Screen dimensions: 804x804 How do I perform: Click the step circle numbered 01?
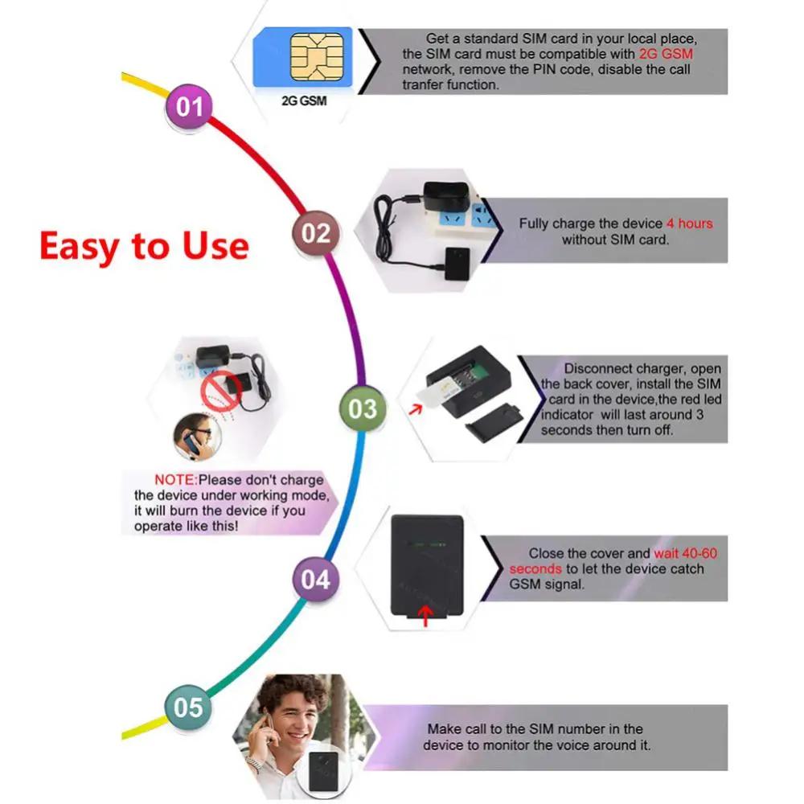click(x=188, y=106)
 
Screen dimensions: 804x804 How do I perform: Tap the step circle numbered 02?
click(x=315, y=233)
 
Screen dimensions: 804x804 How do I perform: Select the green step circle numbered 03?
click(x=363, y=408)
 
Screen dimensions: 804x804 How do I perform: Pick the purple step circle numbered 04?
click(x=315, y=580)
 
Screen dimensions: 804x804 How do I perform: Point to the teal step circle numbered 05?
click(x=188, y=708)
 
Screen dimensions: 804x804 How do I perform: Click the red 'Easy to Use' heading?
click(x=144, y=245)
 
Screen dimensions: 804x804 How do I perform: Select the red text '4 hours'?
click(x=689, y=224)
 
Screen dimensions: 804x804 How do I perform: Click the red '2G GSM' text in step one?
click(x=666, y=54)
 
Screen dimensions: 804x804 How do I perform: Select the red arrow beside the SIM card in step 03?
click(x=415, y=411)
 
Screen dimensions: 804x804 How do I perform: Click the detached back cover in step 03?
click(x=487, y=424)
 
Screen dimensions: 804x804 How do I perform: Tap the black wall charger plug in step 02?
click(x=440, y=194)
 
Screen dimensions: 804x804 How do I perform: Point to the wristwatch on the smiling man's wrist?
click(x=255, y=762)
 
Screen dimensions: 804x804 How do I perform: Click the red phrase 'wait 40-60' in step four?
click(x=685, y=553)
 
